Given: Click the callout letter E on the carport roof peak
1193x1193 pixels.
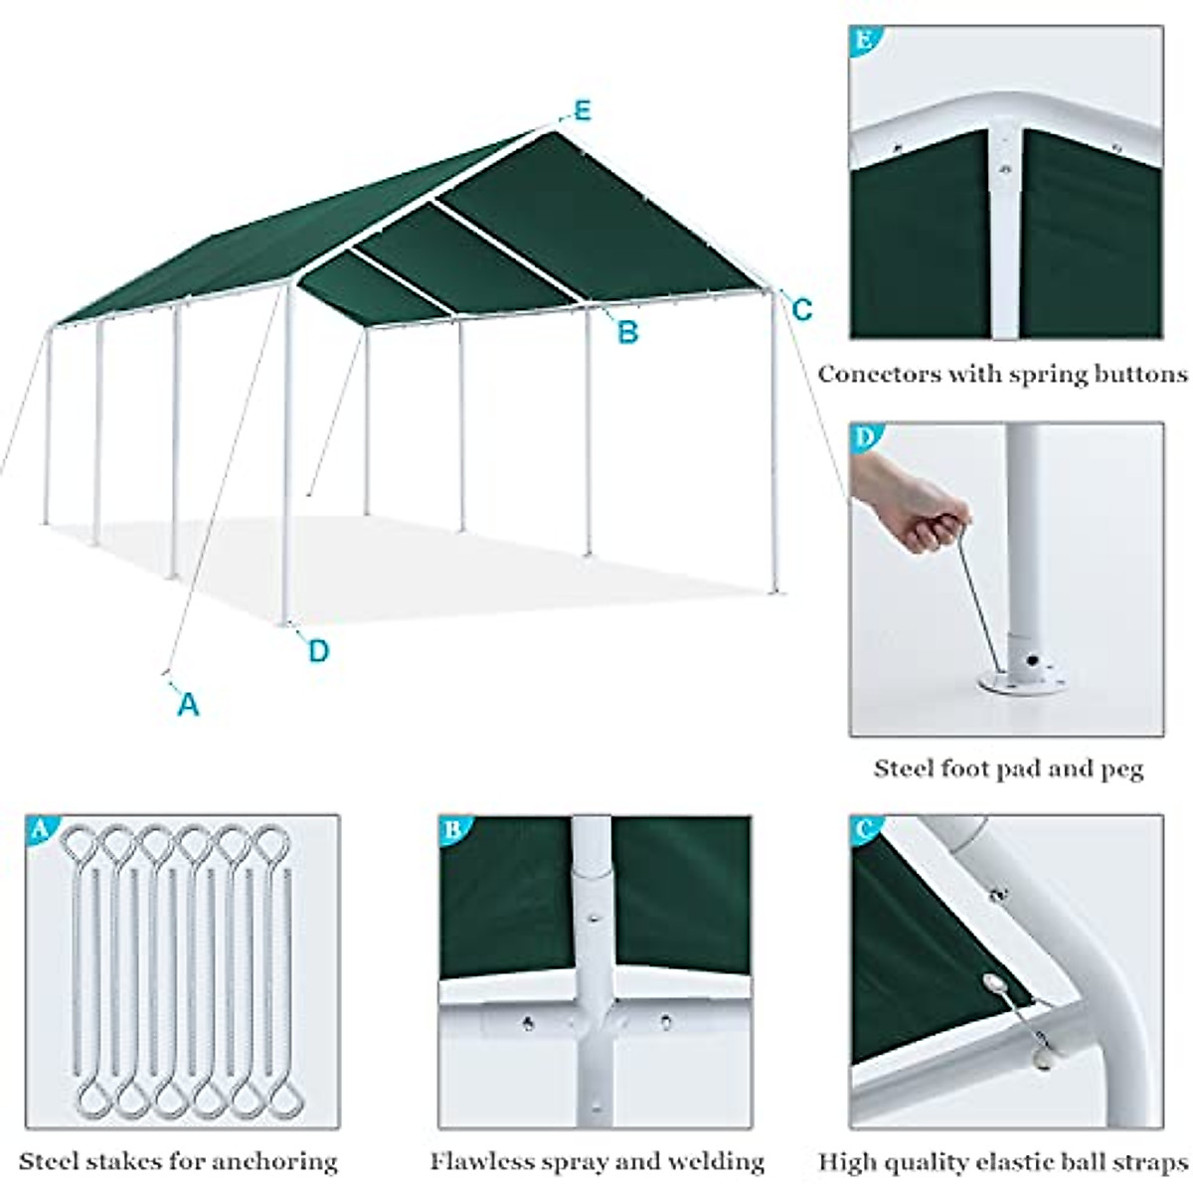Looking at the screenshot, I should [x=582, y=110].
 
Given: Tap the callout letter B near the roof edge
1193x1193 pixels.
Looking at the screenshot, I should [x=627, y=331].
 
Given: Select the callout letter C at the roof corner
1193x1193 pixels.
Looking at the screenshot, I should [x=801, y=309].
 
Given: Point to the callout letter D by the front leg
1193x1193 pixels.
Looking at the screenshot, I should [x=318, y=651].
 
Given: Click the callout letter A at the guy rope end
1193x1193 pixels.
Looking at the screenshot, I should [x=188, y=704].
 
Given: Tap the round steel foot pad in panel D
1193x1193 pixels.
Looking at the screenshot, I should [x=1022, y=684].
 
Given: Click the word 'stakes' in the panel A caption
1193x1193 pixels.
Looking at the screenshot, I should [x=127, y=1160].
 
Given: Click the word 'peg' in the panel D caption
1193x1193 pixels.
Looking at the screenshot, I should [x=1121, y=768].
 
